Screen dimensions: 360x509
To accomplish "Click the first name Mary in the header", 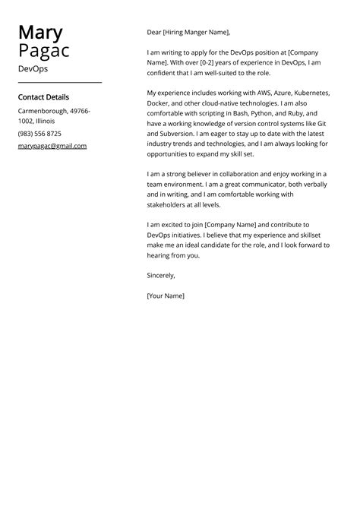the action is click(40, 33).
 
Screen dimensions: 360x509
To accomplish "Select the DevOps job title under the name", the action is click(33, 68).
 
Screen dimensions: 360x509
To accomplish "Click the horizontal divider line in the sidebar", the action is click(59, 82).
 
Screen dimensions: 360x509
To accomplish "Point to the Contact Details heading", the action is click(43, 97).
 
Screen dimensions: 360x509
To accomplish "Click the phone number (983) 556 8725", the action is click(39, 134).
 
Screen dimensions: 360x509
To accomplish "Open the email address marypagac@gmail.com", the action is click(52, 146).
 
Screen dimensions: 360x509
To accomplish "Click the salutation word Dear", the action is click(155, 33).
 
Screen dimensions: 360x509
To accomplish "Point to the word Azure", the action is click(269, 92).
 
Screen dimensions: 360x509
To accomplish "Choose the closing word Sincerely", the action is click(161, 276).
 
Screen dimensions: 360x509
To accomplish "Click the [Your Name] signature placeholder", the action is click(166, 296).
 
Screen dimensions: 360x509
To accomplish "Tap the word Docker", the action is click(159, 103).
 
